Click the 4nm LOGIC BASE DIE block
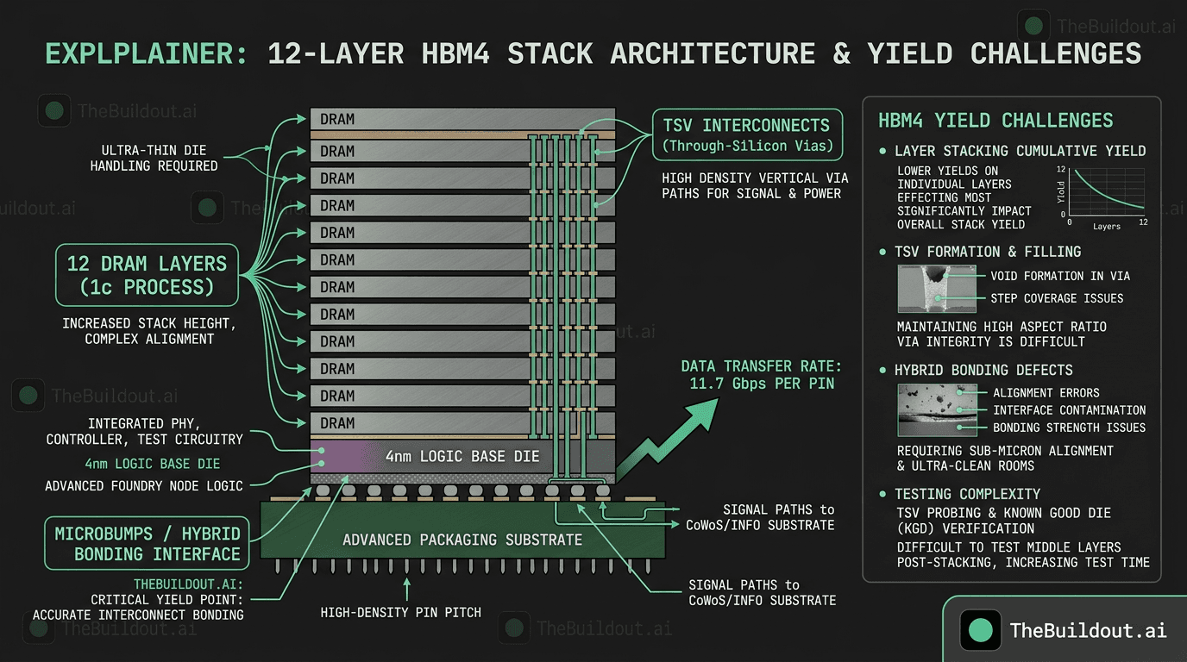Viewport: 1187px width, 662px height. (x=462, y=456)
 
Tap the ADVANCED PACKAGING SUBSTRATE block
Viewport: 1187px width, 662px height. (x=462, y=540)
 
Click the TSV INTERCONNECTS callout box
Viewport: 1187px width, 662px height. (x=747, y=134)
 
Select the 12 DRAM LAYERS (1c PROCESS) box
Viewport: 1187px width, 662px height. (x=147, y=275)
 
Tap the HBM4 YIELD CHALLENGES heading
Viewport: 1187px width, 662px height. (x=995, y=121)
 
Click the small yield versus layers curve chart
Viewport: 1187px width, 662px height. (x=1104, y=195)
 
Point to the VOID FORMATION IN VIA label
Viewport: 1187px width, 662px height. (x=1060, y=276)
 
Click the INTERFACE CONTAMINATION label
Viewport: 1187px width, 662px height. (x=1069, y=410)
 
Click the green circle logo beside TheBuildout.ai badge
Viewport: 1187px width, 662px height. (x=981, y=630)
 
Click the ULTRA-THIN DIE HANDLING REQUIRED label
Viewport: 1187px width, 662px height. (x=154, y=158)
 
